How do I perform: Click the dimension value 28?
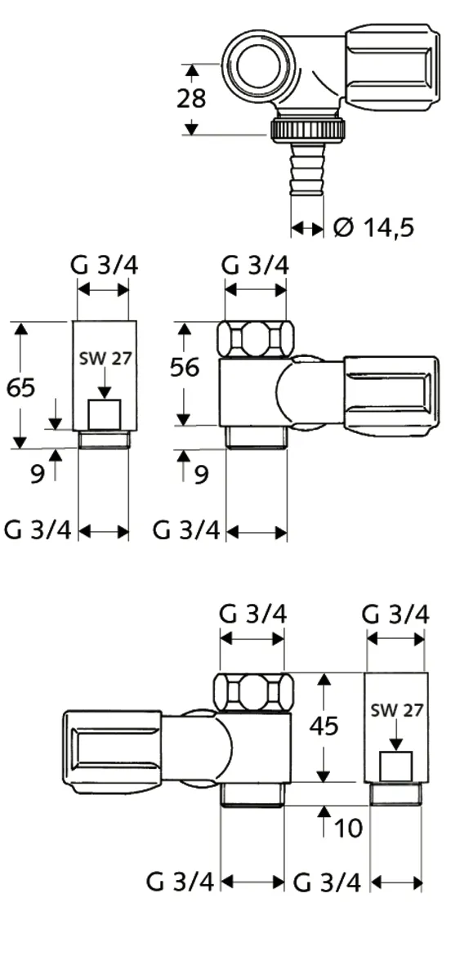[192, 99]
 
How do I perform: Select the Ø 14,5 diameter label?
[373, 227]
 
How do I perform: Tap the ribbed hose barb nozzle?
[307, 170]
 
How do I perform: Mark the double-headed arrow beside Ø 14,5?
[307, 228]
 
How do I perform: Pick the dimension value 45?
[325, 726]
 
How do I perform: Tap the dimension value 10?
[347, 828]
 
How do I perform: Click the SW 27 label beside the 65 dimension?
[104, 358]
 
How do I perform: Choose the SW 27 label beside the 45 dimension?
[396, 710]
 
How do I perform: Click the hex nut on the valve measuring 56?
[255, 339]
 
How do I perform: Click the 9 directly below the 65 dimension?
[37, 474]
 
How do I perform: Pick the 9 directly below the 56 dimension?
[201, 474]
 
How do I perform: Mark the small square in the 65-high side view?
[104, 414]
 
